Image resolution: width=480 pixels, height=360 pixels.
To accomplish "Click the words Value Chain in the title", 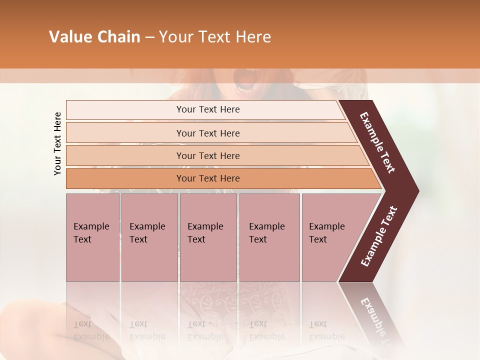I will click(94, 37).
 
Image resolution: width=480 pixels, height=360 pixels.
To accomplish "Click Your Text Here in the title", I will click(215, 37).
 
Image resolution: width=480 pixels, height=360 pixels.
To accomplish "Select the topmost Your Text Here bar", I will click(208, 109).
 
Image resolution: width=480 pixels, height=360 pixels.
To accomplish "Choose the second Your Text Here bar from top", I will click(208, 133).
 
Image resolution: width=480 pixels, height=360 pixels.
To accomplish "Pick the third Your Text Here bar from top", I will click(208, 156).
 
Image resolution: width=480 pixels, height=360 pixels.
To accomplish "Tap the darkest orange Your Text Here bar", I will click(208, 178).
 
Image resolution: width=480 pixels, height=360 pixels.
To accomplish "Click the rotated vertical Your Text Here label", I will click(57, 143).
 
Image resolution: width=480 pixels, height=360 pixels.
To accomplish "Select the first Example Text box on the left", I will click(92, 237).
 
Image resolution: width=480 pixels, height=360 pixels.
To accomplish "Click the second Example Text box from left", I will click(149, 237).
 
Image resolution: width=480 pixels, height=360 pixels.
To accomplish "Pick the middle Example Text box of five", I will click(208, 237).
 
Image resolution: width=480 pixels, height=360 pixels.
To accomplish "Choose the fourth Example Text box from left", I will click(269, 237).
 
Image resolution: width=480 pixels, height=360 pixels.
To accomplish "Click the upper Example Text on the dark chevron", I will click(377, 142).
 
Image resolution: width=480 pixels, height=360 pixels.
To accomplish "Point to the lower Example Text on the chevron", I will click(379, 236).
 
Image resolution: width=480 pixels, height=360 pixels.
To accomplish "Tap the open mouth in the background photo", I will click(244, 80).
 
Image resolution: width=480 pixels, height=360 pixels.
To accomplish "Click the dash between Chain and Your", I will click(149, 37).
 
